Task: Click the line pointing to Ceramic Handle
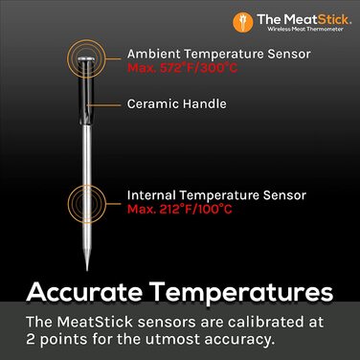(x=111, y=103)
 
